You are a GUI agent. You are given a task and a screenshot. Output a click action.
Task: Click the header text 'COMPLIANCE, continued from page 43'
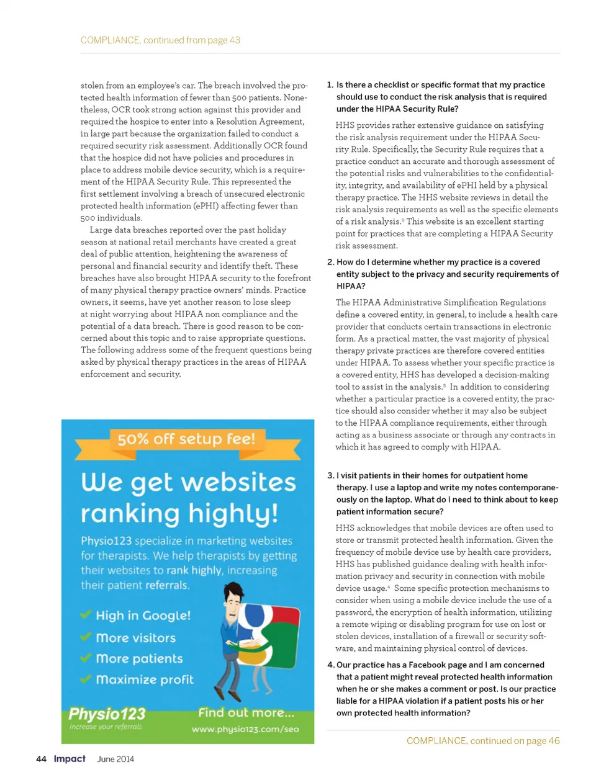160,40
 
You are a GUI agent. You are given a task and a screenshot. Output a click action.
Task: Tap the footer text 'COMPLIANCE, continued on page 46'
482,741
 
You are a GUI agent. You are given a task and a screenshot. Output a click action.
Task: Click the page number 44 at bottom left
41,759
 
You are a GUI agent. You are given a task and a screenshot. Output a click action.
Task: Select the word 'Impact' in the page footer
70,759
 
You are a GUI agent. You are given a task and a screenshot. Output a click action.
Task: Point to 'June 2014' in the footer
115,759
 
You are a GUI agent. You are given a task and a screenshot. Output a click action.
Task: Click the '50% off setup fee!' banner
186,439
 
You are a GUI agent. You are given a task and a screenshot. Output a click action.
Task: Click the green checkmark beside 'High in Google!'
86,615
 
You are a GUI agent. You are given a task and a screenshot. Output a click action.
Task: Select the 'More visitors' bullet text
135,638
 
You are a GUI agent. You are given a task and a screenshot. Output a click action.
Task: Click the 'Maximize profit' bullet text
145,679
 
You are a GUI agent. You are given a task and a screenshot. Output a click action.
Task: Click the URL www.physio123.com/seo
245,729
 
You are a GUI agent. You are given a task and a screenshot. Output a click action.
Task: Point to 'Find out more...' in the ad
246,713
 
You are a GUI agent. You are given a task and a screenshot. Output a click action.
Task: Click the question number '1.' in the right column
330,85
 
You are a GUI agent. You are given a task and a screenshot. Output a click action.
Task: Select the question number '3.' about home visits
330,476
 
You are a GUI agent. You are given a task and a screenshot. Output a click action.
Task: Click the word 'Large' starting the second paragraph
101,230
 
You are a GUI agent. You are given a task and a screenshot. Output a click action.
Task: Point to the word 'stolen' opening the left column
93,86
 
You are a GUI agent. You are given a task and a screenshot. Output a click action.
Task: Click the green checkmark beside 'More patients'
86,658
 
